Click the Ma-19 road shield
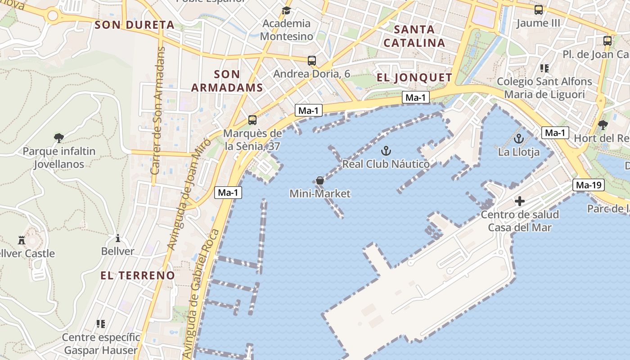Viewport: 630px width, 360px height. pyautogui.click(x=589, y=185)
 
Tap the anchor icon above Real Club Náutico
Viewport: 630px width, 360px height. pyautogui.click(x=386, y=151)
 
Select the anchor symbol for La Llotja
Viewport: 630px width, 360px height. pyautogui.click(x=519, y=139)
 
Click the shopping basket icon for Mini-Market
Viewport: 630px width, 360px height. pyautogui.click(x=319, y=180)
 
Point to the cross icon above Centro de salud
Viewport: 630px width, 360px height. pyautogui.click(x=520, y=201)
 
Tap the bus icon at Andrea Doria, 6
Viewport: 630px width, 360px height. pyautogui.click(x=311, y=60)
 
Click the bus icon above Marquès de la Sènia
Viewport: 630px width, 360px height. pyautogui.click(x=252, y=120)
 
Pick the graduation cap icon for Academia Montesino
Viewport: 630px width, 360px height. pyautogui.click(x=286, y=10)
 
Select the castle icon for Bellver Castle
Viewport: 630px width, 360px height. pyautogui.click(x=22, y=240)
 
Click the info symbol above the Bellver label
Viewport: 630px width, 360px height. pyautogui.click(x=118, y=238)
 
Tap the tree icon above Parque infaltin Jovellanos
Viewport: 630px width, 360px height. pyautogui.click(x=58, y=138)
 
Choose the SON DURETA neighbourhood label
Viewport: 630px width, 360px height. pyautogui.click(x=135, y=25)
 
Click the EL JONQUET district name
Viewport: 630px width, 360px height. pyautogui.click(x=414, y=78)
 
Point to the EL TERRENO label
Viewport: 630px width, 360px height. pyautogui.click(x=137, y=275)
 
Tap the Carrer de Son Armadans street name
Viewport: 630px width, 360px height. pyautogui.click(x=157, y=111)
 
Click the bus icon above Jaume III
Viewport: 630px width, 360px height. pyautogui.click(x=538, y=9)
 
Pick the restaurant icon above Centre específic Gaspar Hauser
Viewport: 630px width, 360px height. pyautogui.click(x=101, y=324)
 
